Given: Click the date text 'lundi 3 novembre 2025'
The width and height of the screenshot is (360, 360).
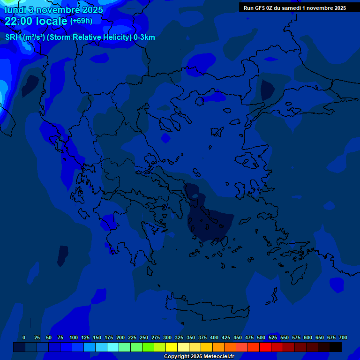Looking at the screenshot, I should (x=54, y=10).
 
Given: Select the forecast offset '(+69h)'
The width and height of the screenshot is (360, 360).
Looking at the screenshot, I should (x=81, y=21).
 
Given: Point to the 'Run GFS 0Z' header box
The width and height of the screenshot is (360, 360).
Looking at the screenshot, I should (x=295, y=8).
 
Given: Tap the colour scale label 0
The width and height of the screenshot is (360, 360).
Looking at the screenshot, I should (x=24, y=337).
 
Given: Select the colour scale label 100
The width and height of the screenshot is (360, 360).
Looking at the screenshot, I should (x=74, y=337).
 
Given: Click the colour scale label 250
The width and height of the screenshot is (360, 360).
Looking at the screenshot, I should (x=144, y=337).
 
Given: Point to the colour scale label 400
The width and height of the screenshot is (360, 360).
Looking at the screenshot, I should (x=214, y=337).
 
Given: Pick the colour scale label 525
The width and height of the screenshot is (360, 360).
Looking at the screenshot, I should (x=273, y=337).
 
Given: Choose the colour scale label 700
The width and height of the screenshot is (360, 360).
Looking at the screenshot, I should (x=343, y=337).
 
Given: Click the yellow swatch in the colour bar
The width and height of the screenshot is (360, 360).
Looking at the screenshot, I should (x=172, y=347).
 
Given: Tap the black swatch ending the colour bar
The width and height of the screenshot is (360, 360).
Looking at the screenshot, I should (x=336, y=347).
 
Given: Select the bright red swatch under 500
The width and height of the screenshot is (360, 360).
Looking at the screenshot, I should (x=265, y=347).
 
